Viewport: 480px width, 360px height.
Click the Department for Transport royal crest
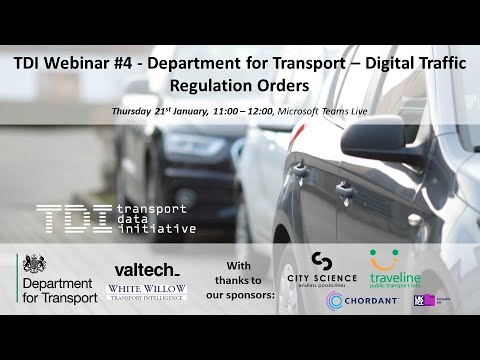click(35, 265)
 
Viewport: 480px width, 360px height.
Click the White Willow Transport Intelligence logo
click(146, 292)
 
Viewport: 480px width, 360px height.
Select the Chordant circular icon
click(336, 300)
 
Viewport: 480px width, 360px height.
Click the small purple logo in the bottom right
click(424, 300)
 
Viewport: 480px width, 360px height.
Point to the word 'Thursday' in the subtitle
click(138, 112)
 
